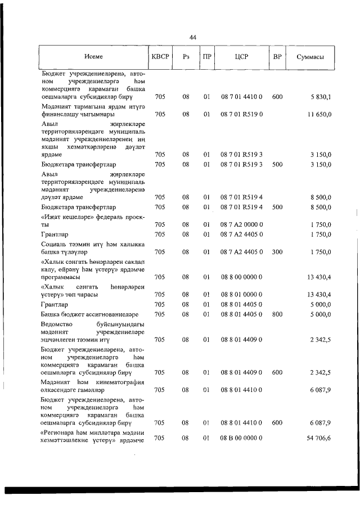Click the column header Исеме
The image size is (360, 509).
[93, 57]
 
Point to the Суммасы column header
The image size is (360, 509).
[309, 57]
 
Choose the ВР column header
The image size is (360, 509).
[277, 57]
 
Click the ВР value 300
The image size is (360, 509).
[277, 251]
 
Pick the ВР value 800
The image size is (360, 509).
[277, 314]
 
